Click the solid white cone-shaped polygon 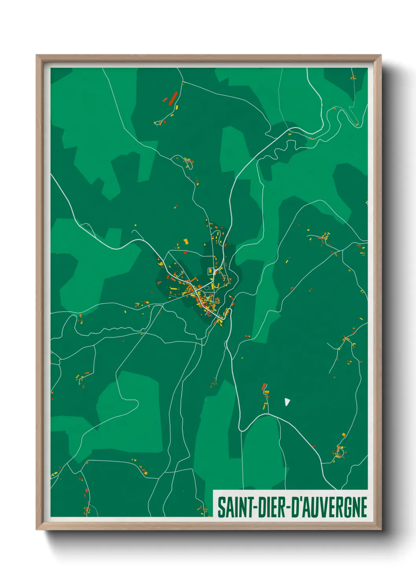pyautogui.click(x=287, y=402)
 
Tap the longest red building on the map pyautogui.click(x=173, y=98)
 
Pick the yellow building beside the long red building pyautogui.click(x=177, y=107)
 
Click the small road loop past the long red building pyautogui.click(x=159, y=123)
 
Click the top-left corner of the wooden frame pyautogui.click(x=37, y=55)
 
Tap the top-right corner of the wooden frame pyautogui.click(x=381, y=55)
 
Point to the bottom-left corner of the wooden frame pyautogui.click(x=37, y=530)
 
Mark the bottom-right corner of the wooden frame pyautogui.click(x=381, y=530)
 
